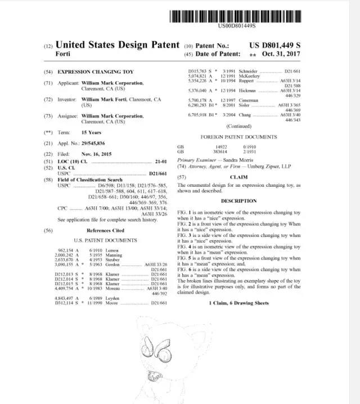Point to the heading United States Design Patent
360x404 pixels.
click(118, 44)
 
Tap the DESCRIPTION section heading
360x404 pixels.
click(238, 201)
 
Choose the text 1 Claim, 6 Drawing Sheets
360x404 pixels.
click(238, 303)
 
